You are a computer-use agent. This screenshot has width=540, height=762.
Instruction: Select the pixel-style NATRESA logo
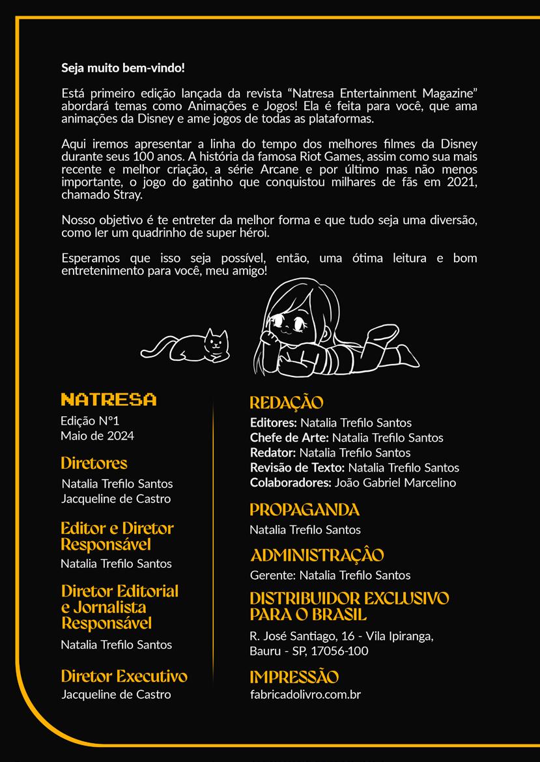108,399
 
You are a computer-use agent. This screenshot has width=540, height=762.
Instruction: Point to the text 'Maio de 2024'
97,436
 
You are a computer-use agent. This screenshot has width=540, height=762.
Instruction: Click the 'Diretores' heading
94,463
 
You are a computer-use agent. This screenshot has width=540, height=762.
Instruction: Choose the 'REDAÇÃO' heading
287,402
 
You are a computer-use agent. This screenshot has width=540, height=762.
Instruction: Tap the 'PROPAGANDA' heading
304,509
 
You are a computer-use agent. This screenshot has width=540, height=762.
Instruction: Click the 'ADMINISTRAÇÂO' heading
317,555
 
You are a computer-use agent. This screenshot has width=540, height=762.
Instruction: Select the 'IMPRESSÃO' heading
294,677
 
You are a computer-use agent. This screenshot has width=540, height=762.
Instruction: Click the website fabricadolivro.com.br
305,694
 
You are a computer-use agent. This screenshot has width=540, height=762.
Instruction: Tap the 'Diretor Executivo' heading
124,676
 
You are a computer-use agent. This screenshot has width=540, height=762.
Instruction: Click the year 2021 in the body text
462,183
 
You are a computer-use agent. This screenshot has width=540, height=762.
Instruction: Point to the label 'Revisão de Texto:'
298,467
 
